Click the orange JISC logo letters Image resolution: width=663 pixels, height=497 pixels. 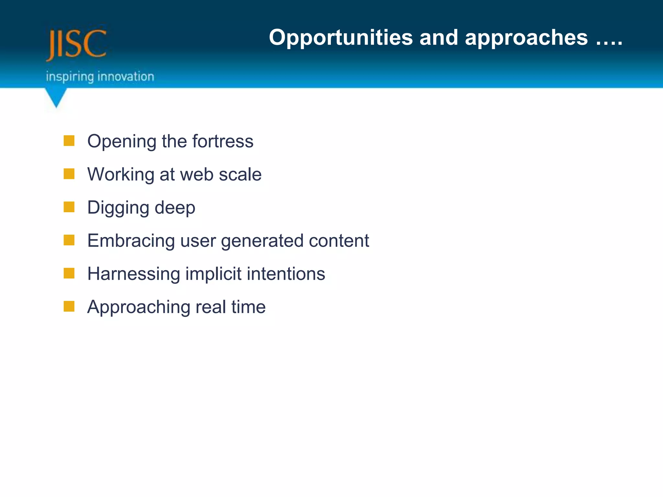click(x=76, y=45)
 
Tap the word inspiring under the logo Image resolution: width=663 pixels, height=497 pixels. click(x=70, y=77)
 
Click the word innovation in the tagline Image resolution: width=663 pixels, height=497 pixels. click(x=126, y=77)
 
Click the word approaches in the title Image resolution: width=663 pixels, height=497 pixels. click(x=526, y=38)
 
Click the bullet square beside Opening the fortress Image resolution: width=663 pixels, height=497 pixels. click(x=69, y=141)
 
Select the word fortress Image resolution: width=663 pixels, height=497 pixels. click(x=223, y=141)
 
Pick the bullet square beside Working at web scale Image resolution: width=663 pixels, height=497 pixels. click(x=69, y=174)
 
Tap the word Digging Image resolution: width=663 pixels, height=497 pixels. click(x=118, y=208)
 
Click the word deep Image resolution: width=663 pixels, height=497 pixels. click(x=175, y=208)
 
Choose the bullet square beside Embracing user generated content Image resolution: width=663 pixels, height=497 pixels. click(x=69, y=240)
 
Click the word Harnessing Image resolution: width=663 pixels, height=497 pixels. click(x=133, y=274)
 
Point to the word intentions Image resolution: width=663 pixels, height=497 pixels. click(x=286, y=274)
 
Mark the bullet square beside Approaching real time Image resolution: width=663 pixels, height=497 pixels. click(x=69, y=306)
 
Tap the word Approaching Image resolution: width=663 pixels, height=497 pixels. click(x=139, y=307)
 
